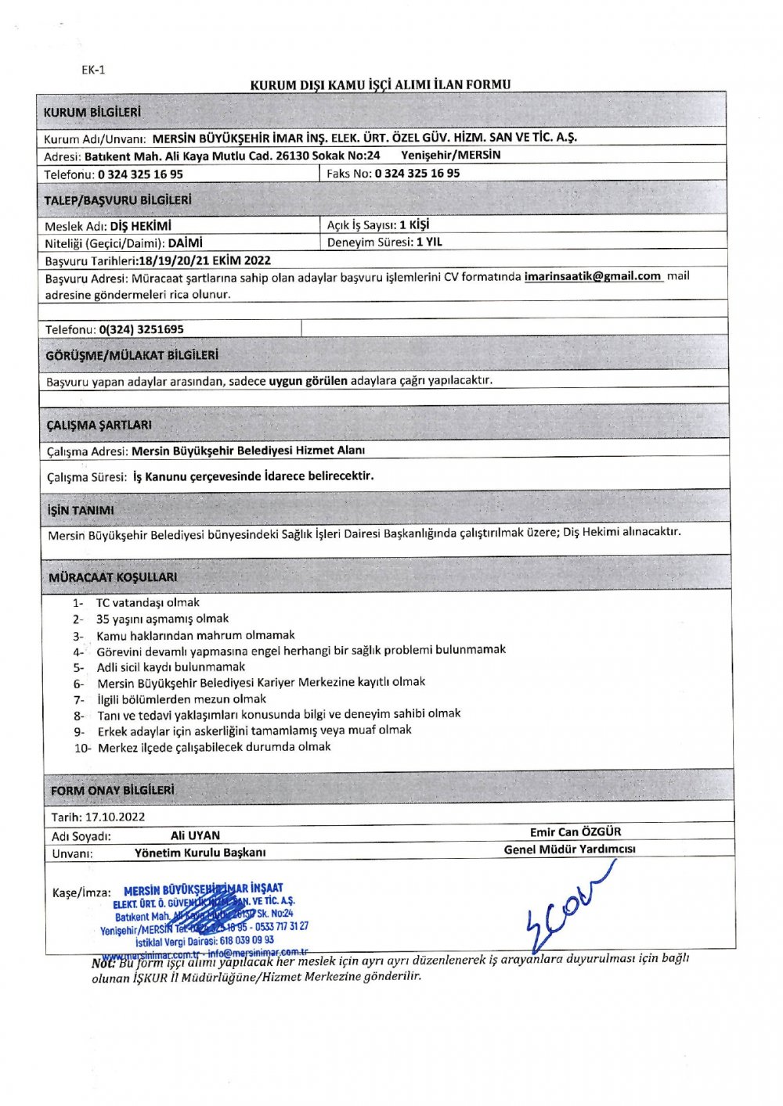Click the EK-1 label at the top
93,70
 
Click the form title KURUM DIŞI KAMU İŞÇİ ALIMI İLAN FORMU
380,84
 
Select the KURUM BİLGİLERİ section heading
92,112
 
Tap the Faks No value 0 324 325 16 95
417,173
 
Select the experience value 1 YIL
429,242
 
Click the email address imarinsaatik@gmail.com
593,276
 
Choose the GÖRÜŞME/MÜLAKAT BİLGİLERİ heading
132,355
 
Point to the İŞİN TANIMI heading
81,510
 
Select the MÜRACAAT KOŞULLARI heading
113,577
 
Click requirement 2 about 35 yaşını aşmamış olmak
162,619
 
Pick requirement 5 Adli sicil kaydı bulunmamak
171,667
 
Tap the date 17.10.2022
115,817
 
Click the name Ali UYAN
195,835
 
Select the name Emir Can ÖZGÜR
576,831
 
